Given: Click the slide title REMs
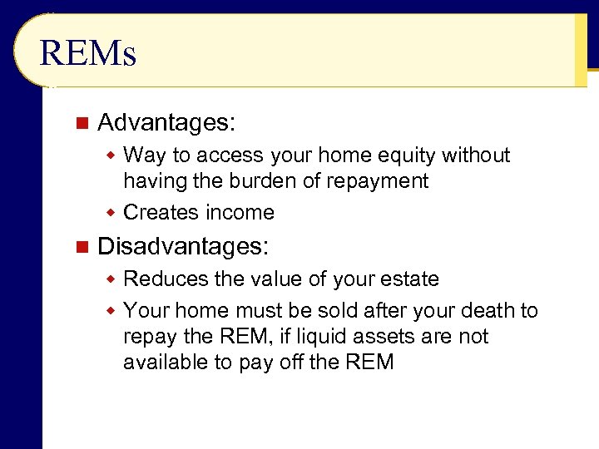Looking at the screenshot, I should (87, 54).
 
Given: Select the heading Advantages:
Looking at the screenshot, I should (166, 123).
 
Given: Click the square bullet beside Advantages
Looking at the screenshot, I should (81, 123).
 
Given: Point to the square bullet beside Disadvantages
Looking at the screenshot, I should (81, 246).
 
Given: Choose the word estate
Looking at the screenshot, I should (408, 279).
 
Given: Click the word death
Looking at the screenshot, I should (484, 311).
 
